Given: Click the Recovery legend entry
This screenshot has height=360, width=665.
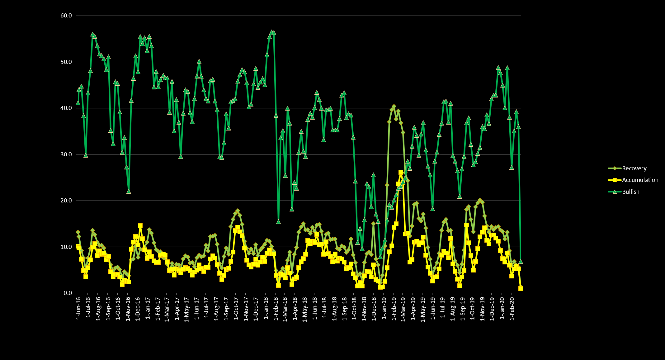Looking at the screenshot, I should pyautogui.click(x=634, y=168).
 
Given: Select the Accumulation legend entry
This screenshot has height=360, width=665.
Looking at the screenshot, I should pyautogui.click(x=640, y=180).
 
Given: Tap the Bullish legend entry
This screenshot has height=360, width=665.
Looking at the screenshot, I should pyautogui.click(x=630, y=192).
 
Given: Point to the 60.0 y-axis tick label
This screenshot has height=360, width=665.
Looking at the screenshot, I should pyautogui.click(x=66, y=16).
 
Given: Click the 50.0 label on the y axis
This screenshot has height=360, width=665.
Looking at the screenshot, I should pyautogui.click(x=66, y=62).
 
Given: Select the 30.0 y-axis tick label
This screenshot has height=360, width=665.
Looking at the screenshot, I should pyautogui.click(x=66, y=154).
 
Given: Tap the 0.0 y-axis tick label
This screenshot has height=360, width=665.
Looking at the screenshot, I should pyautogui.click(x=68, y=293).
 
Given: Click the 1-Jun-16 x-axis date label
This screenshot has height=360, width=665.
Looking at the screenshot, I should pyautogui.click(x=78, y=308).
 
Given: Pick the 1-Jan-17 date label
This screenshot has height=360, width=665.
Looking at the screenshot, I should pyautogui.click(x=148, y=308).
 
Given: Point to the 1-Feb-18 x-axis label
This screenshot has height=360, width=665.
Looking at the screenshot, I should pyautogui.click(x=276, y=308).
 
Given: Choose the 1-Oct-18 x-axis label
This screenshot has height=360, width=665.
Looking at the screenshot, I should pyautogui.click(x=354, y=308).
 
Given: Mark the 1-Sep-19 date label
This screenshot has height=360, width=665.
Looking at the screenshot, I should pyautogui.click(x=463, y=308).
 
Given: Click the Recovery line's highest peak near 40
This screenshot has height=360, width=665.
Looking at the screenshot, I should pyautogui.click(x=394, y=107).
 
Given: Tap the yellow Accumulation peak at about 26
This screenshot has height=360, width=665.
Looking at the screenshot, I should pyautogui.click(x=401, y=173).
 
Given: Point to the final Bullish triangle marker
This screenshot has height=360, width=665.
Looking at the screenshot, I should pyautogui.click(x=521, y=262).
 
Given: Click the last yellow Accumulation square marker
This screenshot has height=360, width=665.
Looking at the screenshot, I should pyautogui.click(x=521, y=289).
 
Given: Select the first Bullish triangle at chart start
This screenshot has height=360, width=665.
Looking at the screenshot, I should pyautogui.click(x=78, y=103).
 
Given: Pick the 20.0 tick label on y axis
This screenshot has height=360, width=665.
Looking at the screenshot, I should pyautogui.click(x=66, y=201).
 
